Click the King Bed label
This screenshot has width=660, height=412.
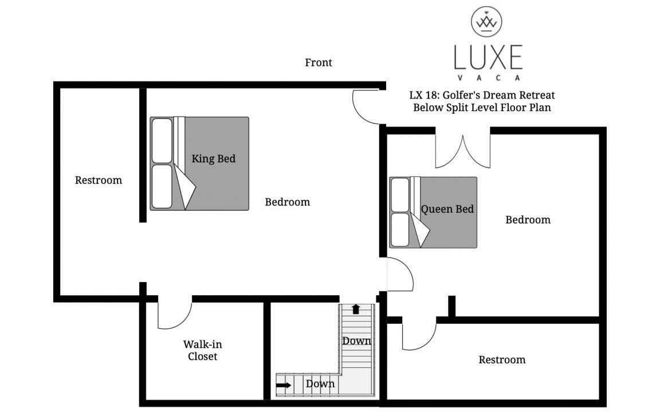click(x=213, y=159)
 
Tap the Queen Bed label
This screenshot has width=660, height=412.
click(x=447, y=209)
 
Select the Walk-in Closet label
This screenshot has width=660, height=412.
click(x=202, y=350)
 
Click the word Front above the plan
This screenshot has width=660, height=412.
click(x=318, y=62)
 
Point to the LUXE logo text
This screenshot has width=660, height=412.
click(x=488, y=57)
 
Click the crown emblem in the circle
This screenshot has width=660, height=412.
click(x=486, y=21)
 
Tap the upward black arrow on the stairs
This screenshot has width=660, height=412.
click(x=356, y=309)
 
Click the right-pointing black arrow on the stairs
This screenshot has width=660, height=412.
click(x=283, y=385)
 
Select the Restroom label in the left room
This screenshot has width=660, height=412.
click(x=99, y=180)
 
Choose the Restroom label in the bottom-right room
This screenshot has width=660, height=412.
click(x=502, y=360)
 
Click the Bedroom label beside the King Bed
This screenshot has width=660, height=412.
click(x=288, y=202)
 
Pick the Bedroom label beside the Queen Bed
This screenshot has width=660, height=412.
click(x=528, y=220)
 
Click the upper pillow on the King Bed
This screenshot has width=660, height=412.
click(x=162, y=140)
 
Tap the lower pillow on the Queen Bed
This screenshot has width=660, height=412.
click(x=400, y=229)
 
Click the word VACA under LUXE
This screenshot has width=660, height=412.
click(x=488, y=78)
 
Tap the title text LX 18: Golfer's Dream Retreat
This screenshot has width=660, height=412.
click(x=482, y=96)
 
